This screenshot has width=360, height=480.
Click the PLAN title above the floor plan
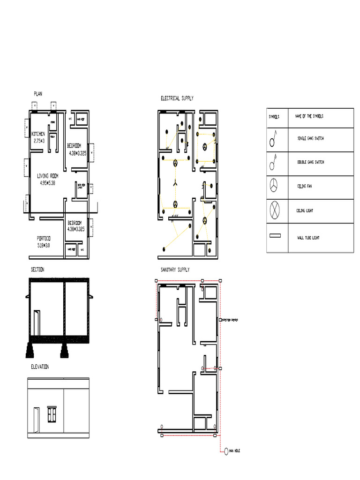pos(37,94)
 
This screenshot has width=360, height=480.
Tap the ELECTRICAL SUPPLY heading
pos(177,98)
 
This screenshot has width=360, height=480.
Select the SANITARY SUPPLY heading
pos(175,270)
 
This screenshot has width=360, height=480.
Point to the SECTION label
pos(37,270)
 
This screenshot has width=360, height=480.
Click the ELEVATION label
pos(40,367)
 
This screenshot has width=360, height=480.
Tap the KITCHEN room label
pos(38,134)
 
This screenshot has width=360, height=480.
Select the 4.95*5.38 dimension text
pos(47,183)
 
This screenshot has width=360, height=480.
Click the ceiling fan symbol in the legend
pos(274,186)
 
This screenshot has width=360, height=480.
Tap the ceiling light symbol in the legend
pos(274,210)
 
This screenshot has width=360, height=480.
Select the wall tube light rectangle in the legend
pos(275,236)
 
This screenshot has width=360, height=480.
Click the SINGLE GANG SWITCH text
pos(310,138)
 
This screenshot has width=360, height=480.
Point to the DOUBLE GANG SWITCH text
pos(310,162)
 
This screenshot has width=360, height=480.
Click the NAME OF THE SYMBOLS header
pos(309,116)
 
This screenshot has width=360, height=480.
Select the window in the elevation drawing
pos(52,414)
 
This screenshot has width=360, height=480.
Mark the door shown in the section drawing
pos(37,322)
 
